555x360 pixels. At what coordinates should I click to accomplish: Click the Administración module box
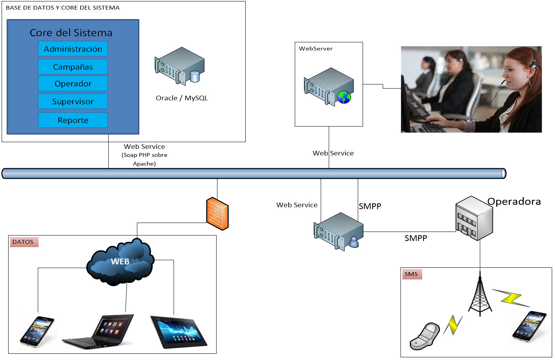pos(73,49)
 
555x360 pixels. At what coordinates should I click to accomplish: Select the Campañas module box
pos(73,67)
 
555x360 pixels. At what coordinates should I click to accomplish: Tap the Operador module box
pos(73,84)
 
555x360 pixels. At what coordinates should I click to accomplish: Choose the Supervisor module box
pos(73,102)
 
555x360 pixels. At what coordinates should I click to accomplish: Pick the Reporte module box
pos(73,120)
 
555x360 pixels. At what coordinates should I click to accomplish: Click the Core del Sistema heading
pos(71,33)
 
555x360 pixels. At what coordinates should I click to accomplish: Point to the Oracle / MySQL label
pos(182,98)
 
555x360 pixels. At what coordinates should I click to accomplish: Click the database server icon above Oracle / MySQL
pos(180,66)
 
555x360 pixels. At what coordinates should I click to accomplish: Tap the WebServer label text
pos(316,49)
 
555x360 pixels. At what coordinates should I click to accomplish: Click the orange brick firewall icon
pos(217,214)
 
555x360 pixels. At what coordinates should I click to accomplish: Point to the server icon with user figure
pos(338,231)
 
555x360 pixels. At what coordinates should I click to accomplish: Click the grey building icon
pos(474,218)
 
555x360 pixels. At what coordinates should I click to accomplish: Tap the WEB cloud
pos(120,262)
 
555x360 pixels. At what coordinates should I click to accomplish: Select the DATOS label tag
pos(23,242)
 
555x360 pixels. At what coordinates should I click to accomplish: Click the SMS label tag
pos(411,274)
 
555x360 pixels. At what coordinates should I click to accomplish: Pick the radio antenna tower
pos(480,296)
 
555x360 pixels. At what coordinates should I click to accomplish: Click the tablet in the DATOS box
pos(178,332)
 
